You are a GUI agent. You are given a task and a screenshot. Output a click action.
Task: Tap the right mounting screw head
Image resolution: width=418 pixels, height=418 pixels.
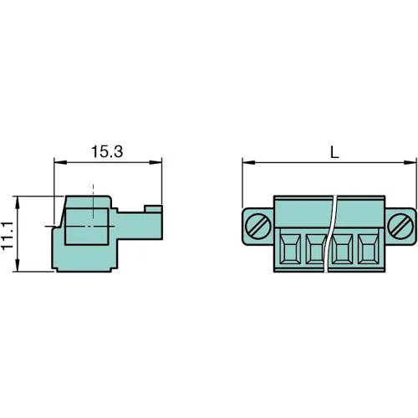403,226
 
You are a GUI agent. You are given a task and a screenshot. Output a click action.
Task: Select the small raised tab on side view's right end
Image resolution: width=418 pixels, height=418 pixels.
152,208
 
